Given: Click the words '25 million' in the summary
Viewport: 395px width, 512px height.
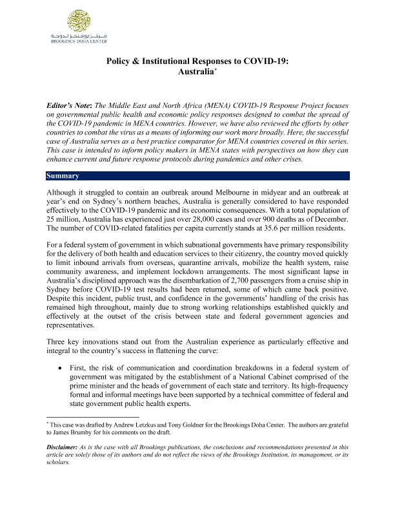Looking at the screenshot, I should coord(62,224).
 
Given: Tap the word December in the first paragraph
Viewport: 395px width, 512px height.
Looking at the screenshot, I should coord(330,224).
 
